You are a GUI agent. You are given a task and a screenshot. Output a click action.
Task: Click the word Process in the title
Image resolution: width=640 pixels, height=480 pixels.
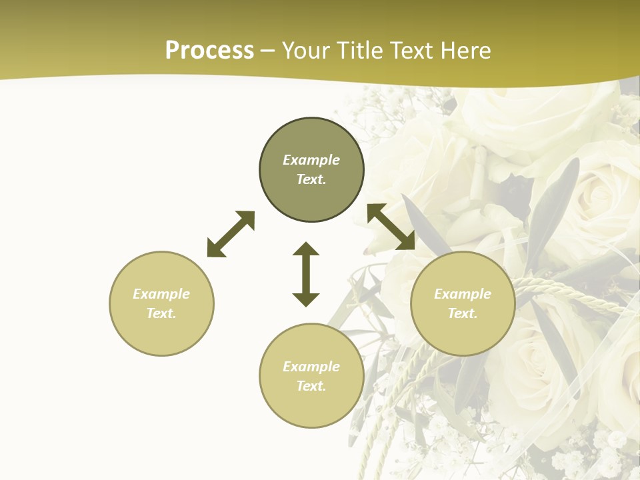[209, 51]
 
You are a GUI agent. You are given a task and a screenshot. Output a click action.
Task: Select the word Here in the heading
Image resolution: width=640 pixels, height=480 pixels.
[465, 51]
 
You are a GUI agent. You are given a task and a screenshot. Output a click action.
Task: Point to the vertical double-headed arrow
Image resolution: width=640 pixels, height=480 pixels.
[306, 274]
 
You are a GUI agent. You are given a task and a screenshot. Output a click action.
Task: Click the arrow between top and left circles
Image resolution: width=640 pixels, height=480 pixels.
[231, 234]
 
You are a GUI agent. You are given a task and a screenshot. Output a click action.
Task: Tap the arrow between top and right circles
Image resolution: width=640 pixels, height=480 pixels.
[391, 227]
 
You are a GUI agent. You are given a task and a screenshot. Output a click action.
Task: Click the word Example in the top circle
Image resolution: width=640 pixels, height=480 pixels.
[311, 160]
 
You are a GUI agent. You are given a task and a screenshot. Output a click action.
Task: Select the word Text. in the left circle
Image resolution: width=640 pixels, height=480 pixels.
[161, 313]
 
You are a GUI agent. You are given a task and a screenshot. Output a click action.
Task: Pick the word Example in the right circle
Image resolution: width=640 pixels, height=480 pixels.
[463, 294]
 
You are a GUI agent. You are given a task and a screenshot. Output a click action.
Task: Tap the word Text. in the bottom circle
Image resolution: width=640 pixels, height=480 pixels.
[311, 386]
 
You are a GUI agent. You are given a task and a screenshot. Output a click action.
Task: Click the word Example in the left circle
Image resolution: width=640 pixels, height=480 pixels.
[161, 294]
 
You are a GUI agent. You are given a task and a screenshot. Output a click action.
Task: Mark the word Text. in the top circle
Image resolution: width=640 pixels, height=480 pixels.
[311, 179]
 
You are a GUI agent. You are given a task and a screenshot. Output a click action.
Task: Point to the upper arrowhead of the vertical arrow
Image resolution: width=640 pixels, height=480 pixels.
[306, 249]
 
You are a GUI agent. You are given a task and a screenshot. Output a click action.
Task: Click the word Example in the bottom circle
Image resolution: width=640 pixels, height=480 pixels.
[311, 367]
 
